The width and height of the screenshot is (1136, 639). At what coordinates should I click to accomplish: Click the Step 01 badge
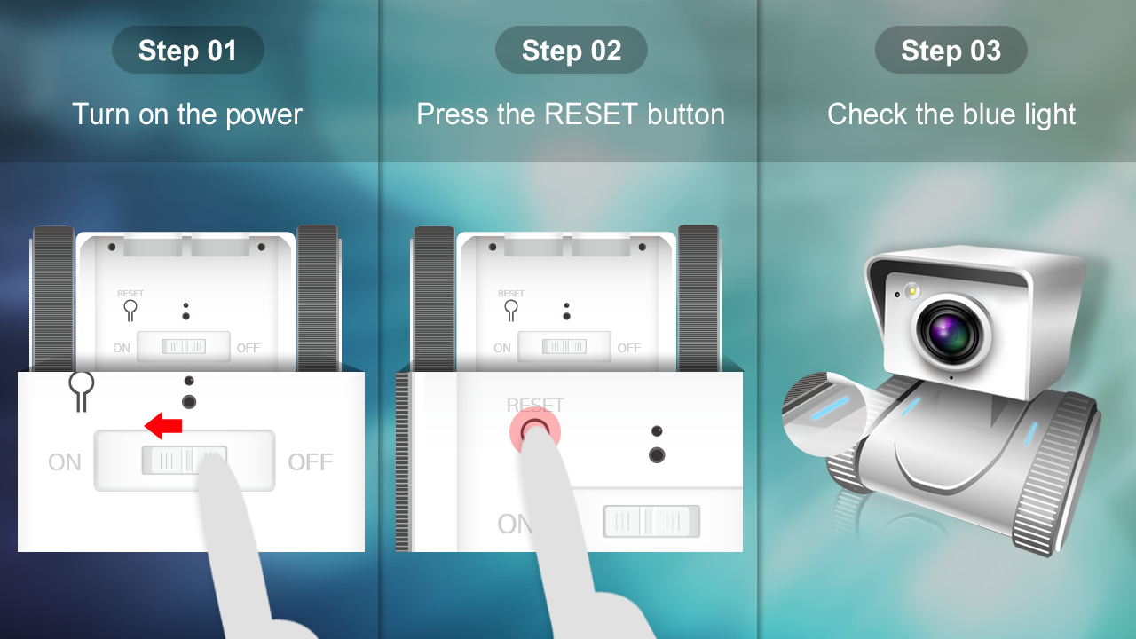click(x=187, y=50)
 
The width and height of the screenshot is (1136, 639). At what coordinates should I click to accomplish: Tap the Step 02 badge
click(x=571, y=50)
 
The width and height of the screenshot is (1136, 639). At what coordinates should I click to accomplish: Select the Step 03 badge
click(x=951, y=50)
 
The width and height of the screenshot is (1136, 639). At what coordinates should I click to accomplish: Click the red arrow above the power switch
click(x=163, y=425)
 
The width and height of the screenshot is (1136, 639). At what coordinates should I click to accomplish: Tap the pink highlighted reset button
click(x=535, y=431)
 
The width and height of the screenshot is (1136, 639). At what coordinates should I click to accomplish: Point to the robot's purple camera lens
click(x=950, y=332)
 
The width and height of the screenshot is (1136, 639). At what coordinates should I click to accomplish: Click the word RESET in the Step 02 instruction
click(x=591, y=114)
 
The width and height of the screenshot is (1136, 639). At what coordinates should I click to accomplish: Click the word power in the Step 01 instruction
click(x=264, y=115)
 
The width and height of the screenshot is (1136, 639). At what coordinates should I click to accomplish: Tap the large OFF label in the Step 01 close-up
click(x=311, y=462)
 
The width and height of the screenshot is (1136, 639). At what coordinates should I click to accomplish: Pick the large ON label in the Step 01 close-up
click(x=65, y=462)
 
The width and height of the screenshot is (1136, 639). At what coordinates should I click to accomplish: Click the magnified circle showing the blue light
click(x=824, y=414)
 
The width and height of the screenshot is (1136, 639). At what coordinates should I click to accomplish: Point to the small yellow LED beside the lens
click(x=912, y=291)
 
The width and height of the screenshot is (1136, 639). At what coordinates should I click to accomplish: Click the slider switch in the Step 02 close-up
click(x=651, y=521)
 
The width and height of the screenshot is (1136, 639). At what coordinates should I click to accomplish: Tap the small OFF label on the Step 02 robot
click(x=629, y=348)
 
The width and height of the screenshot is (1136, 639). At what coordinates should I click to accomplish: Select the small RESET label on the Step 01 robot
click(x=130, y=293)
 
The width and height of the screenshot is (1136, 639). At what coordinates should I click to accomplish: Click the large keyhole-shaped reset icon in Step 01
click(x=81, y=390)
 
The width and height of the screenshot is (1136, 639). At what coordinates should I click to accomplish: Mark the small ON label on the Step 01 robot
click(x=122, y=348)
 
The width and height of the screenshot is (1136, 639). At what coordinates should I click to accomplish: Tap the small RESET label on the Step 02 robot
click(x=511, y=293)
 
